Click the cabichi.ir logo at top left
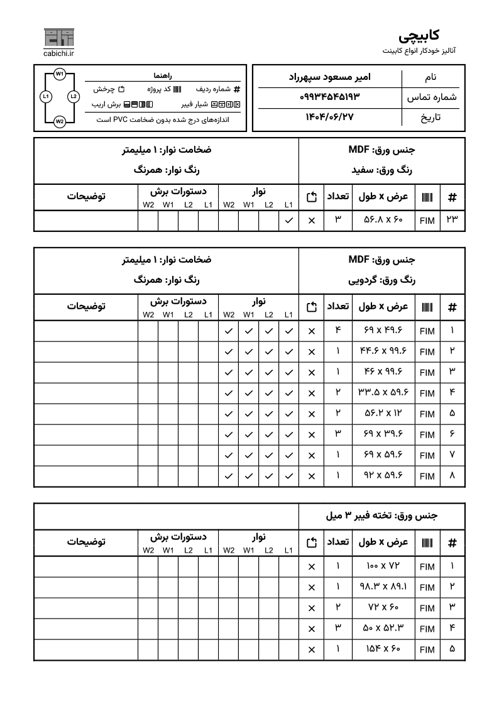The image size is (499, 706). tap(59, 42)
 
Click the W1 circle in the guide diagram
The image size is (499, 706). tap(59, 74)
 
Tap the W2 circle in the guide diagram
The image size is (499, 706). tap(59, 121)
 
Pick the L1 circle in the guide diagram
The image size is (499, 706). tap(45, 97)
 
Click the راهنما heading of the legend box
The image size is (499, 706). tap(166, 75)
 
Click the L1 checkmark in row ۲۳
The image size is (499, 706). tap(288, 221)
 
